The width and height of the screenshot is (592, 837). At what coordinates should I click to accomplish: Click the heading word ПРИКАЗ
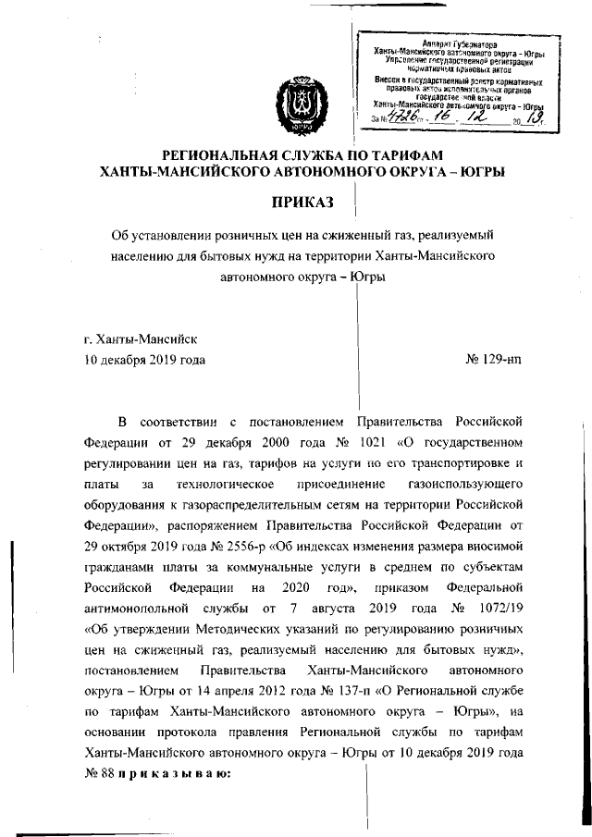point(302,202)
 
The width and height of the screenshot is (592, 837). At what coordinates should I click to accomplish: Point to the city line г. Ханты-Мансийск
point(140,339)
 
